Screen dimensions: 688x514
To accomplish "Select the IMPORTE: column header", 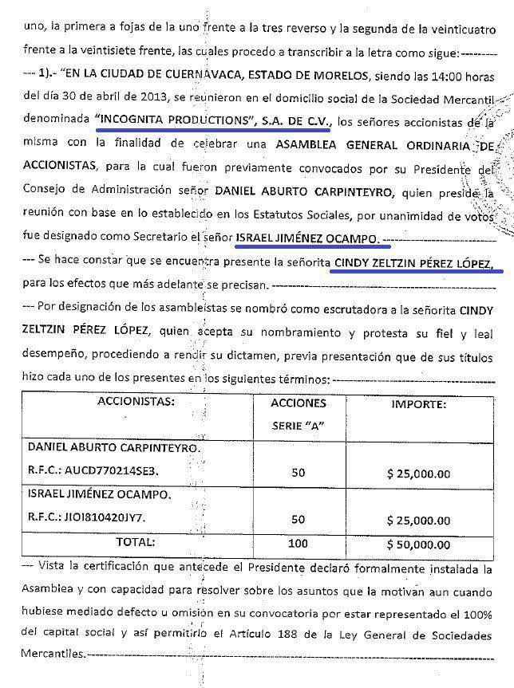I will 417,404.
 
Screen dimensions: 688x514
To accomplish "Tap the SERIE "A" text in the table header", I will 299,427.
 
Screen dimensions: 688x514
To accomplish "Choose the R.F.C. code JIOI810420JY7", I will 114,517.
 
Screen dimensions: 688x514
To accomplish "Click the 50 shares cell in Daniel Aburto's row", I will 298,472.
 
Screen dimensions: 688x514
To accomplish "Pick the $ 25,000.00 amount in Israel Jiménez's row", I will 418,520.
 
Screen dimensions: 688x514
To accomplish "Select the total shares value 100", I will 298,543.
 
